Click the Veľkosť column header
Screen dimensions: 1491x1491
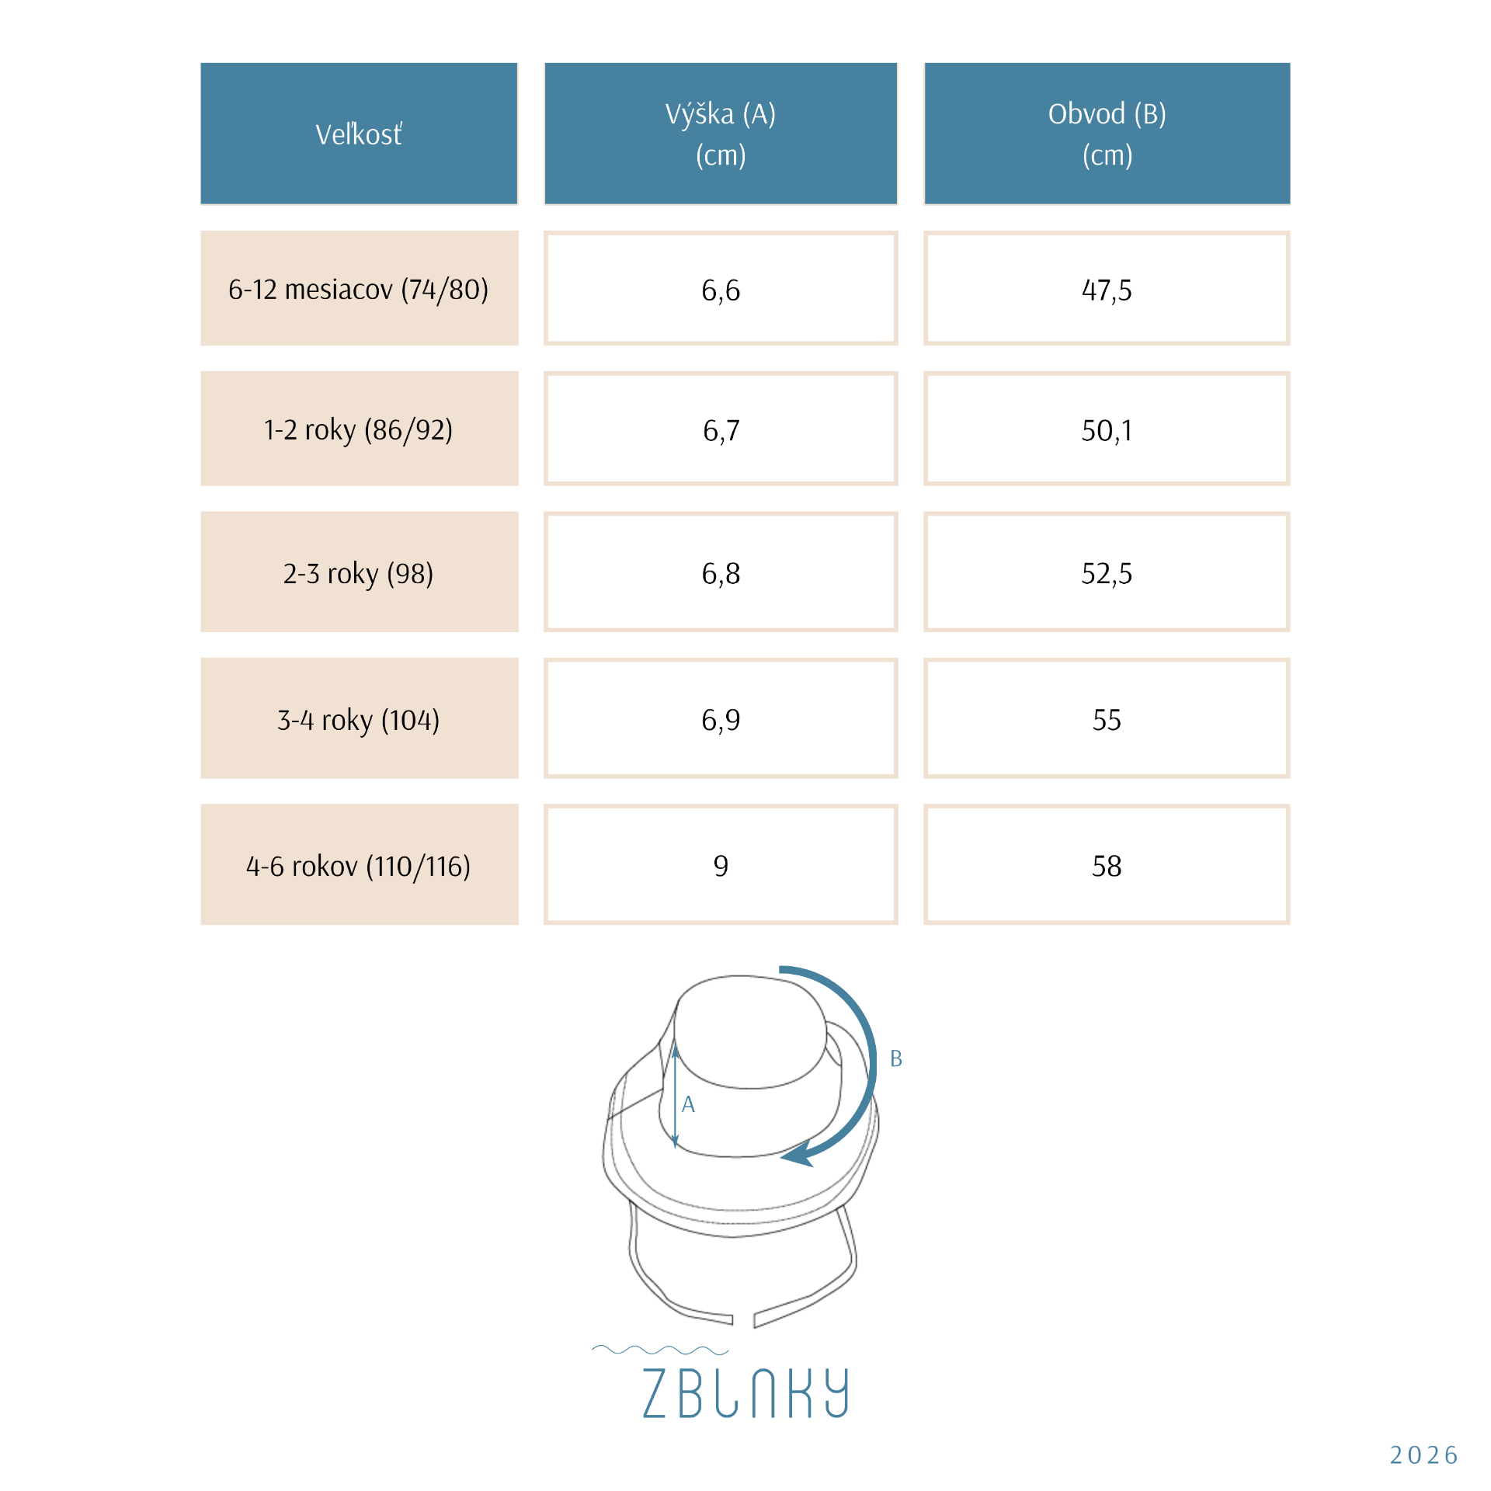pos(359,134)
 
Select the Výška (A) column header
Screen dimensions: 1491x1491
pos(721,134)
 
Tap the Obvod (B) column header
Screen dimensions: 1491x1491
pos(1107,134)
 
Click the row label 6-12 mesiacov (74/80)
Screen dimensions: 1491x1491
pos(359,290)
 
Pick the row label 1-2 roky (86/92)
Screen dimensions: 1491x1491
pos(359,429)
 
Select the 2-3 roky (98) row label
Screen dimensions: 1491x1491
pos(359,573)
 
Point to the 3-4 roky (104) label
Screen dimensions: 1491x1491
pos(359,720)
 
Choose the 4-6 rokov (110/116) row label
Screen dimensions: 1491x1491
pos(359,866)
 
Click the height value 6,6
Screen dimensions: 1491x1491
pos(721,290)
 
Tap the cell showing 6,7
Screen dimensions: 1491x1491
pos(721,430)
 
